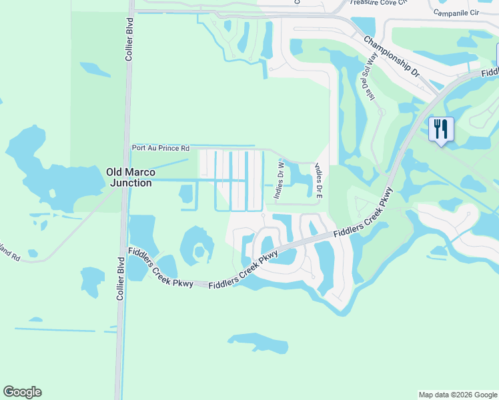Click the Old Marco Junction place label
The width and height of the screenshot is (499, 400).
tap(130, 177)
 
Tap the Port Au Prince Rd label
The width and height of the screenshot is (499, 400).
tap(161, 148)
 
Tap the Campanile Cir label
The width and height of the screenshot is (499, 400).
tap(456, 13)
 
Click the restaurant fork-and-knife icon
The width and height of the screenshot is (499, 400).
tap(440, 128)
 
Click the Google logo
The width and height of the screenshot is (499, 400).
tap(22, 392)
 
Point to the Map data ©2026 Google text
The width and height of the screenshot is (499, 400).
tap(457, 395)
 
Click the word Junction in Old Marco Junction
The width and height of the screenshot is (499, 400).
tap(130, 183)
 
